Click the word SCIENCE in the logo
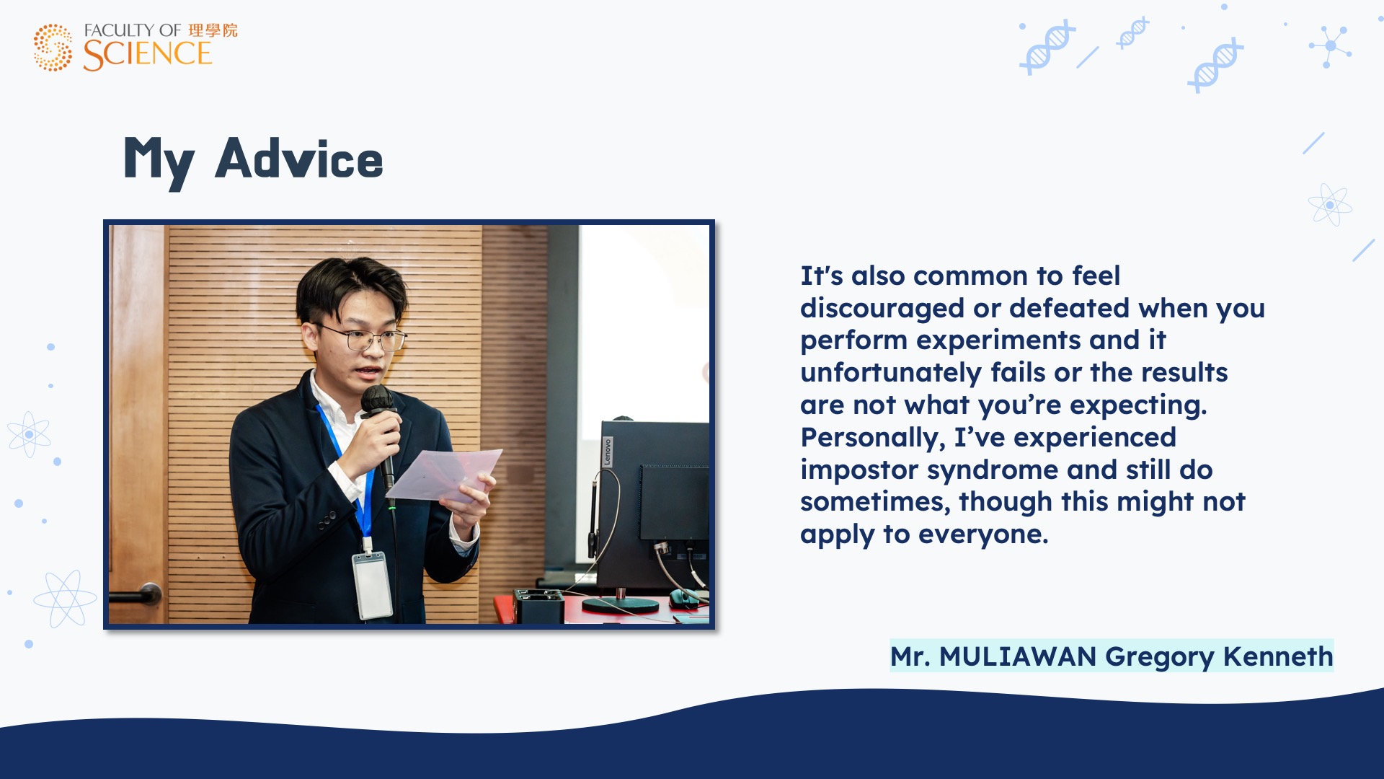click(147, 55)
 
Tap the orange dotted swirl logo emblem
click(53, 48)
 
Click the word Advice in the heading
click(299, 159)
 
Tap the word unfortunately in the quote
click(891, 373)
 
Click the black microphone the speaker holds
click(380, 433)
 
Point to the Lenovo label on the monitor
click(608, 452)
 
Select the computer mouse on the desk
click(686, 598)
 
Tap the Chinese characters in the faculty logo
click(213, 30)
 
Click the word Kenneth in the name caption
click(1278, 656)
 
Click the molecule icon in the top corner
click(1330, 46)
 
